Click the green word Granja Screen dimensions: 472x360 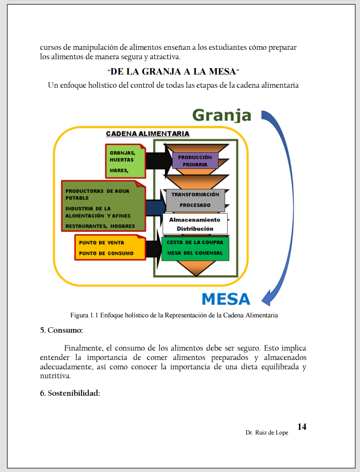click(222, 115)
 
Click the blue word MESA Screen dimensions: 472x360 click(226, 299)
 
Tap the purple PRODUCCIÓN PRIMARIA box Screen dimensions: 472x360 click(195, 161)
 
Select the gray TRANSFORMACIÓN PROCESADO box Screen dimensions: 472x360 click(195, 200)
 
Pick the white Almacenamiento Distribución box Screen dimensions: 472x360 click(195, 224)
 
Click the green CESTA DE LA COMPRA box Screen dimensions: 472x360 click(195, 248)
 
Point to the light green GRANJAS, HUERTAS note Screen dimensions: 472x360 click(125, 161)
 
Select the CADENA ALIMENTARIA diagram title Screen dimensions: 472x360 click(147, 134)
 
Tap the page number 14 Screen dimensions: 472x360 click(302, 427)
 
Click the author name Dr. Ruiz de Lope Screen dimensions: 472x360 click(267, 433)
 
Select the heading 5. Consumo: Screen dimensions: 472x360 click(61, 330)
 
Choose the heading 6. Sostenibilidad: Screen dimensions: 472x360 click(70, 393)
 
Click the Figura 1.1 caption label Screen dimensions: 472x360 click(85, 316)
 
